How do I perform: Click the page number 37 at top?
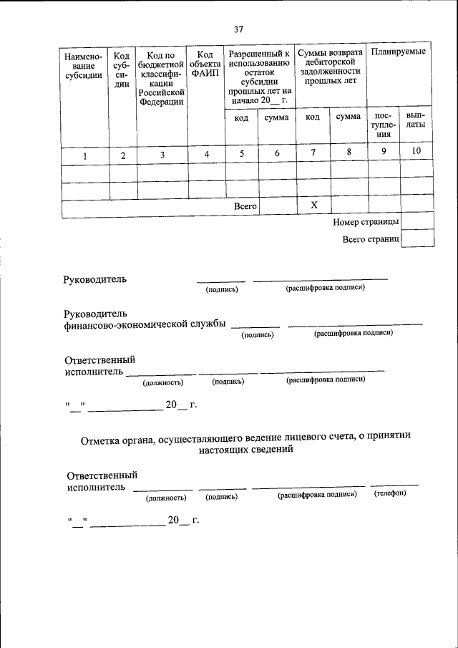pyautogui.click(x=238, y=29)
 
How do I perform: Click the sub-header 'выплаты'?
pyautogui.click(x=416, y=119)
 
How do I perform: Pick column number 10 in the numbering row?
pyautogui.click(x=416, y=150)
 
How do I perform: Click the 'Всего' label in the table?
pyautogui.click(x=245, y=206)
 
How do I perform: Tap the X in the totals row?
pyautogui.click(x=313, y=205)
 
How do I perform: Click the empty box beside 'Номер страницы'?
pyautogui.click(x=417, y=221)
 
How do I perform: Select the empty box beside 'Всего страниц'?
pyautogui.click(x=417, y=238)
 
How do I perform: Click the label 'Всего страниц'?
pyautogui.click(x=370, y=239)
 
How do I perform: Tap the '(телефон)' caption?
pyautogui.click(x=390, y=495)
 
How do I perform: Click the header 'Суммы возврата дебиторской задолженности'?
pyautogui.click(x=330, y=68)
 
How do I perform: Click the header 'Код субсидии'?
pyautogui.click(x=122, y=70)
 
